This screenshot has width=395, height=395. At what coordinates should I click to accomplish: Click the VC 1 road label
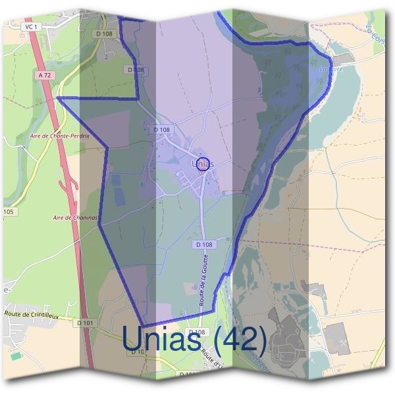[x=29, y=26]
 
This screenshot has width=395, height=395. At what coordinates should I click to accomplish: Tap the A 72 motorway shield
[x=45, y=76]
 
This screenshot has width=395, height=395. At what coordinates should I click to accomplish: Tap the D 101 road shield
[x=84, y=323]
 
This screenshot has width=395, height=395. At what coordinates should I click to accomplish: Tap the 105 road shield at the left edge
[x=8, y=212]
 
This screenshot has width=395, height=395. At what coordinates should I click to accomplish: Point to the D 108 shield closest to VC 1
[x=104, y=33]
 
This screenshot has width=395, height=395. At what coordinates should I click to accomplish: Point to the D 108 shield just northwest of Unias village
[x=161, y=130]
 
